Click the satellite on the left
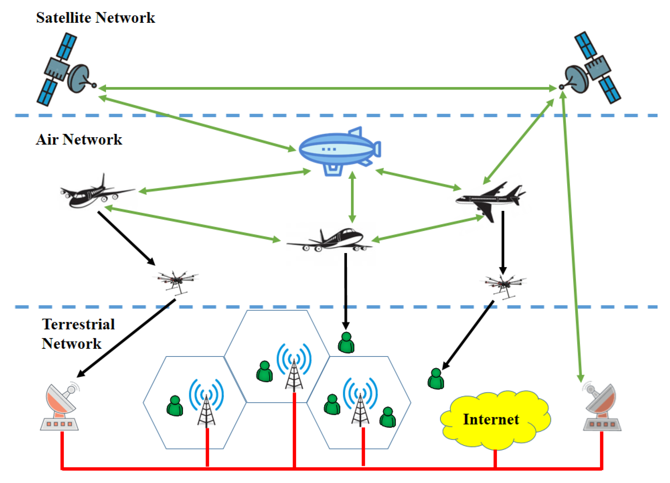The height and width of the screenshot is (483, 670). tap(66, 69)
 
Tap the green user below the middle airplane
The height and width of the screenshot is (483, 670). tap(346, 343)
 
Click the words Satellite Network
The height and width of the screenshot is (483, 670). tap(95, 18)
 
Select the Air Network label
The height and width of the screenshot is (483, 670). tap(79, 139)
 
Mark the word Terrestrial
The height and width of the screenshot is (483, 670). tap(78, 324)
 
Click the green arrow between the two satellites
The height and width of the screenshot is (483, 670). tap(327, 88)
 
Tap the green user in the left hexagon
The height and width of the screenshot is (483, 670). tap(175, 406)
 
